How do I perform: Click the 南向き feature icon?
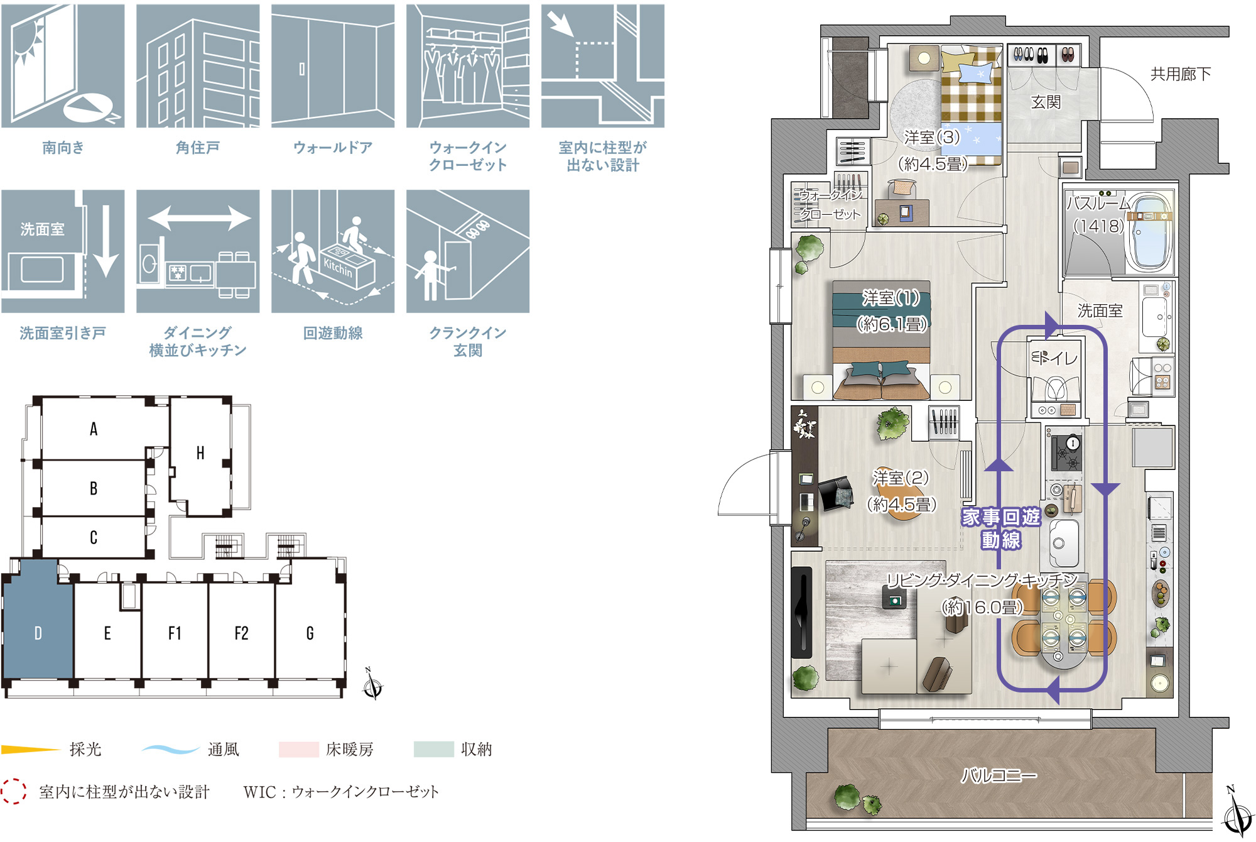coord(63,66)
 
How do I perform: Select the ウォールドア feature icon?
coord(333,66)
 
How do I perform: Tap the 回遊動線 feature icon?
coord(333,251)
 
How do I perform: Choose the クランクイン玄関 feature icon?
coord(468,251)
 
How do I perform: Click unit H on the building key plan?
coord(200,454)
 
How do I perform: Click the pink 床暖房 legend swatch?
coord(299,749)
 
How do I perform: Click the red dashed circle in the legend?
coord(13,791)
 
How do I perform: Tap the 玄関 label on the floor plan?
coord(1046,102)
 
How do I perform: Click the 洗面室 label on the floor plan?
coord(1100,310)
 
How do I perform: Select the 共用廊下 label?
coord(1181,74)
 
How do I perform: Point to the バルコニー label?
coord(999,775)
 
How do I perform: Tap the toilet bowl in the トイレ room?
coord(1056,388)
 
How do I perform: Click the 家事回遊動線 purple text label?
coord(1001,528)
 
